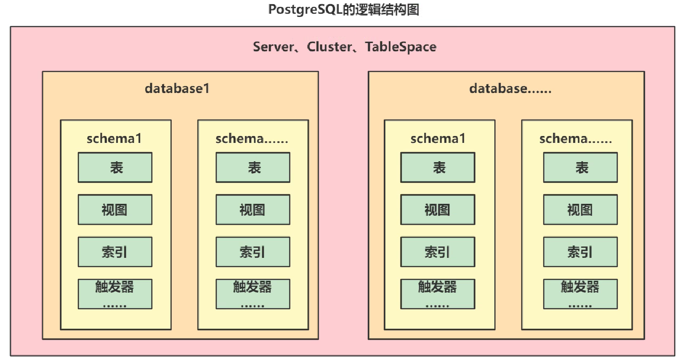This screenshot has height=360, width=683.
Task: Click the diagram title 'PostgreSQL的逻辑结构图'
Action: click(x=344, y=10)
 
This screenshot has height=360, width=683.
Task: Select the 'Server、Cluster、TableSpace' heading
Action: click(x=344, y=47)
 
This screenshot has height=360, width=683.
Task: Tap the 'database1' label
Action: click(x=177, y=88)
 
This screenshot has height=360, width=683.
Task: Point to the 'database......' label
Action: click(x=510, y=88)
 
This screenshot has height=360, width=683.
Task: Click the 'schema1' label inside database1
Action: click(x=114, y=139)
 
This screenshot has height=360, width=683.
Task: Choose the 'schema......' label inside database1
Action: click(x=252, y=139)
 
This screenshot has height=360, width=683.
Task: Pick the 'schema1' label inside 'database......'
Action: click(x=438, y=139)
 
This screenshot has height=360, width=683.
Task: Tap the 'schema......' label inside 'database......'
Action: click(x=576, y=139)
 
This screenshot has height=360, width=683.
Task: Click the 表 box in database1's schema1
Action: click(x=115, y=168)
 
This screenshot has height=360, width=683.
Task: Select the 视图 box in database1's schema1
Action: click(x=115, y=210)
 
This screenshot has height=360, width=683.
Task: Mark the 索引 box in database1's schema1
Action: click(x=115, y=252)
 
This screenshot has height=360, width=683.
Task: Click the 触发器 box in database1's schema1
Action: click(x=115, y=294)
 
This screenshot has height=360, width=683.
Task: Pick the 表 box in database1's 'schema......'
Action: click(x=253, y=168)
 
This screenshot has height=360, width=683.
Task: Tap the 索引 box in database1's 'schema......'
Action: click(x=253, y=252)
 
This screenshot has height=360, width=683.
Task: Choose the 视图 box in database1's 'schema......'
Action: click(x=253, y=210)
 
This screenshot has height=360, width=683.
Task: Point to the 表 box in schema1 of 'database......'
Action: click(x=438, y=168)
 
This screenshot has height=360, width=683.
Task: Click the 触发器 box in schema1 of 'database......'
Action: click(x=438, y=294)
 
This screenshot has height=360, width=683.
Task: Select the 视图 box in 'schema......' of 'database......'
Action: click(x=580, y=210)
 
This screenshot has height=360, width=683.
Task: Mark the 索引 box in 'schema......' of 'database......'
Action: click(x=580, y=252)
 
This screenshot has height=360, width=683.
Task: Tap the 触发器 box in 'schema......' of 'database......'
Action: click(x=580, y=294)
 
